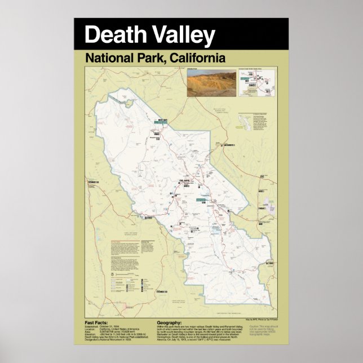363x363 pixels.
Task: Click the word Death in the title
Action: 112,35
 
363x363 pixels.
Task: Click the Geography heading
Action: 170,323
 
